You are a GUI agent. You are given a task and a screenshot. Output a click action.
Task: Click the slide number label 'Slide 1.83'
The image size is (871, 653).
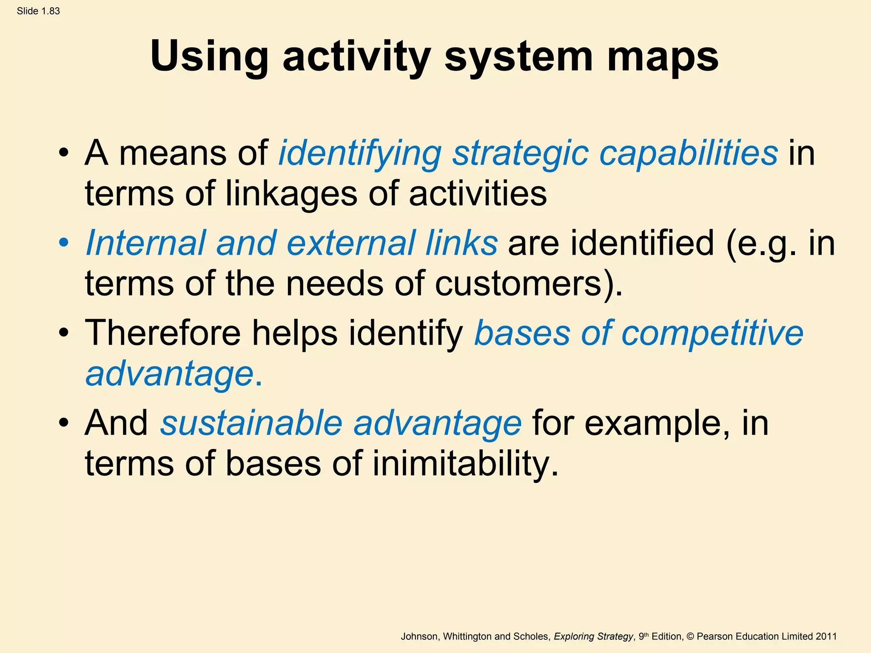pyautogui.click(x=38, y=11)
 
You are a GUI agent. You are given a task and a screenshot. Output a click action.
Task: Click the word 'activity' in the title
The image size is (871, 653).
pyautogui.click(x=356, y=57)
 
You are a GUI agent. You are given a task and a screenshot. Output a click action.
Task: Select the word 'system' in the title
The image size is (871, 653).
pyautogui.click(x=518, y=57)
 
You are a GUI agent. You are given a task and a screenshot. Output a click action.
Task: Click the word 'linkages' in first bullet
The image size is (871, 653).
pyautogui.click(x=291, y=193)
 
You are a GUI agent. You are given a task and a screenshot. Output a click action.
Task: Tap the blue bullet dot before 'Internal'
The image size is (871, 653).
pyautogui.click(x=64, y=243)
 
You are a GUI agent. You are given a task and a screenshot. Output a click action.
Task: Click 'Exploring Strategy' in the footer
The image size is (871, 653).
pyautogui.click(x=593, y=636)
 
